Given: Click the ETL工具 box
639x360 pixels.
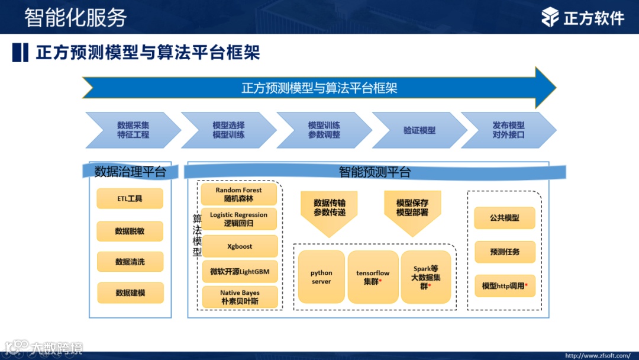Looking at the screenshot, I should click(130, 198).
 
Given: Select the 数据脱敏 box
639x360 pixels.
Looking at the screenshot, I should click(130, 231).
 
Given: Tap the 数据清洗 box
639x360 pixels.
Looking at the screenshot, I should click(130, 262).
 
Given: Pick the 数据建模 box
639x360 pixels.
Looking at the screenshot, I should click(130, 292).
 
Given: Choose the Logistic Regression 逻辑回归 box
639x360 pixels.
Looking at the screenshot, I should click(238, 219).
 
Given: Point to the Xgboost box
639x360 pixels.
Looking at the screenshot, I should click(239, 246).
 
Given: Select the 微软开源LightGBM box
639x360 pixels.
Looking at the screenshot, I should click(239, 271).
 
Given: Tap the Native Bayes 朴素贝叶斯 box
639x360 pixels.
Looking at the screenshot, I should click(239, 297).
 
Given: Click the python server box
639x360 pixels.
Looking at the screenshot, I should click(321, 277).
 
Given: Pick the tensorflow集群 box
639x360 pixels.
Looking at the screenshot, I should click(373, 277).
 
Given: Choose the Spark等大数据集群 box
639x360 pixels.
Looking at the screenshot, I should click(426, 277).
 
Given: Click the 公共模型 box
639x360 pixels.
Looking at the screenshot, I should click(505, 218).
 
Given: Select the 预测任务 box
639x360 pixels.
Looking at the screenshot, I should click(505, 252).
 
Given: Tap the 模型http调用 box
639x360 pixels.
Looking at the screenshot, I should click(505, 285).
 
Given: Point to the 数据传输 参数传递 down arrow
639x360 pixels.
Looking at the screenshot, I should click(330, 211).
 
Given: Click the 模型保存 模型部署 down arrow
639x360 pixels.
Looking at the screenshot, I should click(412, 211).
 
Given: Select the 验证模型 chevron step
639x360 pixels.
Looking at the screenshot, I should click(419, 130).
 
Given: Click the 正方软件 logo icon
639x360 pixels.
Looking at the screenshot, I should click(550, 17).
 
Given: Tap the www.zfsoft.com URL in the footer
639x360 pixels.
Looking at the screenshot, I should click(598, 355).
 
